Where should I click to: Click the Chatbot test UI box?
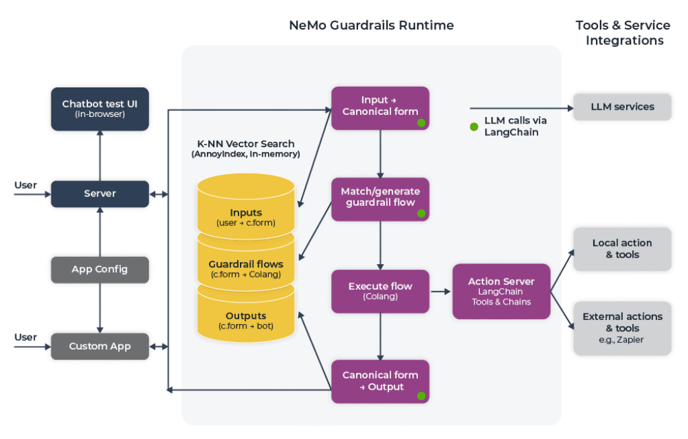coord(100,109)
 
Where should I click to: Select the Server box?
coord(100,194)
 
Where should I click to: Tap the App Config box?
coord(100,270)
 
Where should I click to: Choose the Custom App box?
coord(100,346)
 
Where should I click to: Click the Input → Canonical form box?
coord(380,108)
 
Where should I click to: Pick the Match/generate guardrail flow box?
coord(380,198)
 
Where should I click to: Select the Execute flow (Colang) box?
coord(380,290)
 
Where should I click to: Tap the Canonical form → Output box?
coord(380,381)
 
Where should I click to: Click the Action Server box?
coord(501,290)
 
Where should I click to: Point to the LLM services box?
coord(621,107)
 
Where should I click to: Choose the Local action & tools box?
coord(621,249)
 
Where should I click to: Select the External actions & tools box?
coord(621,327)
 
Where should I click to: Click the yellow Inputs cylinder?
coord(245,208)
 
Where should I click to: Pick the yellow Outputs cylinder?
coord(245,320)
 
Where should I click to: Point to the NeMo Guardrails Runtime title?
coord(371,26)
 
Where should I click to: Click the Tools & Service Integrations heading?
coord(623,33)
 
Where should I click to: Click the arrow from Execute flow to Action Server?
coord(440,291)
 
